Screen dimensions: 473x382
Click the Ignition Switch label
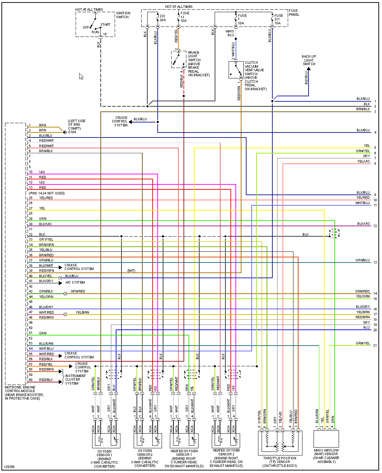(x=123, y=15)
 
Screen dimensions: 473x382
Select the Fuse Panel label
(x=294, y=13)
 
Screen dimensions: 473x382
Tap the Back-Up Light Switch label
(x=309, y=60)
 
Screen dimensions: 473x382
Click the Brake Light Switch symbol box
(x=178, y=59)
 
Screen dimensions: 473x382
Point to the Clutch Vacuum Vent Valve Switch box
(x=236, y=70)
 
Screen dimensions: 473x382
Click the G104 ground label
(x=72, y=132)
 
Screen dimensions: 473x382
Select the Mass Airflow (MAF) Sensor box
(x=326, y=439)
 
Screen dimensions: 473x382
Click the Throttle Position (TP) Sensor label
(x=280, y=462)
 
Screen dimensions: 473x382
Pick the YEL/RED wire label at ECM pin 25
(x=46, y=198)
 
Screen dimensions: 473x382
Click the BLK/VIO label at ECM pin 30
(x=45, y=224)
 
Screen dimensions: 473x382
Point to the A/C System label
(x=75, y=283)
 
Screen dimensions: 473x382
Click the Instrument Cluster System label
(x=75, y=380)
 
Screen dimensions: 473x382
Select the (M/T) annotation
(x=132, y=271)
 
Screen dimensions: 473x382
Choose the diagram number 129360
(x=9, y=467)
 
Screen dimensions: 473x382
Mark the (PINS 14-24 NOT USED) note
(x=47, y=193)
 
